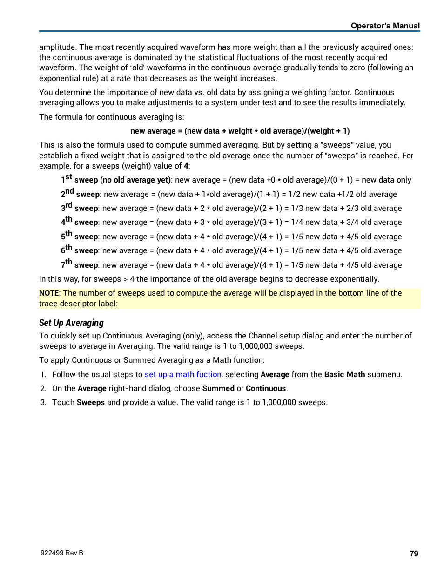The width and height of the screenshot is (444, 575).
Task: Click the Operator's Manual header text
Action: coord(385,26)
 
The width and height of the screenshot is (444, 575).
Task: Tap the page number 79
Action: coord(414,554)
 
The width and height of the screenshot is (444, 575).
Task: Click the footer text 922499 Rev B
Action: coord(62,553)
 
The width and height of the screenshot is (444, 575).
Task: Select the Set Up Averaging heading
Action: coord(71,323)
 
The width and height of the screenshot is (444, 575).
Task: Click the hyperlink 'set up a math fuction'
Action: coord(183,374)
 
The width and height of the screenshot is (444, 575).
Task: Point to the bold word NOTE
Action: coord(49,293)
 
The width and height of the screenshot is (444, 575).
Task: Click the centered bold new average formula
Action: coord(240,131)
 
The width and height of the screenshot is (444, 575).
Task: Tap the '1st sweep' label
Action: coord(80,180)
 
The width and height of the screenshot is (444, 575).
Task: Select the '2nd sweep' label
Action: coord(81,194)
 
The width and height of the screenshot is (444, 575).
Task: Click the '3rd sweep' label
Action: coord(80,208)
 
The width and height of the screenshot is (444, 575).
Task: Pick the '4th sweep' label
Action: coord(80,222)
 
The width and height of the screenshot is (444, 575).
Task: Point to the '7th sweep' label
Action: coord(80,265)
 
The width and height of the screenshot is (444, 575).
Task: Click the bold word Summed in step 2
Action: coord(218,388)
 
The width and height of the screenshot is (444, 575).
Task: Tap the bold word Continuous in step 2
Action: coord(266,388)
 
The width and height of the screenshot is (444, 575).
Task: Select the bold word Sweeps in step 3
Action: coord(91,402)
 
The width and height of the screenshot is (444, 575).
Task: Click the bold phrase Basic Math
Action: coord(344,374)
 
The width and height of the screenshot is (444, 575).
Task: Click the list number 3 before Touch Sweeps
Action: coord(43,402)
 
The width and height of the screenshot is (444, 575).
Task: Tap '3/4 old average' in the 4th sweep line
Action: coord(374,222)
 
